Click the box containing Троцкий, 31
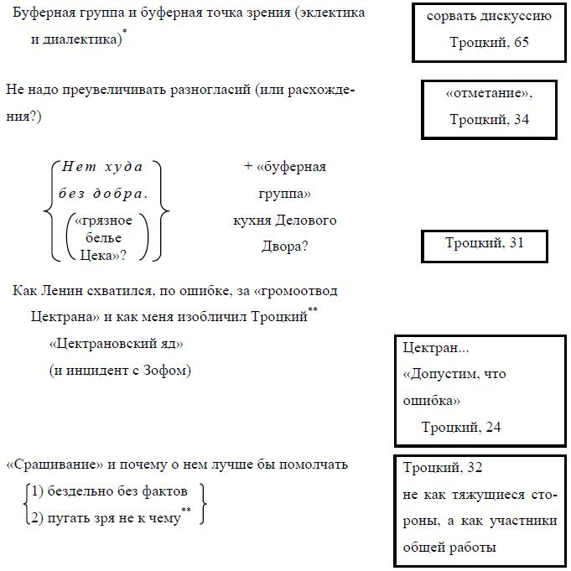point(484,245)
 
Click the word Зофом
point(171,370)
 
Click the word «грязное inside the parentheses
point(104,221)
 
